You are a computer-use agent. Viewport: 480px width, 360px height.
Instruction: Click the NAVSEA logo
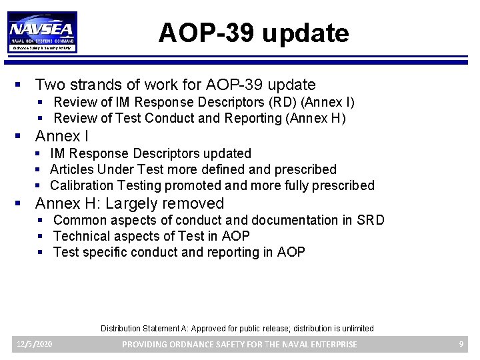(42, 32)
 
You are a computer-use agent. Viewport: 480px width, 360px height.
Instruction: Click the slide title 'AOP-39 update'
(253, 33)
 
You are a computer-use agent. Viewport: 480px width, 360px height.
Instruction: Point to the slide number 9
(461, 344)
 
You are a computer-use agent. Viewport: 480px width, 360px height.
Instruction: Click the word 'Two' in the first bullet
(50, 85)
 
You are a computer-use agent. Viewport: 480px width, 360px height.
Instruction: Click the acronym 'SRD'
(371, 220)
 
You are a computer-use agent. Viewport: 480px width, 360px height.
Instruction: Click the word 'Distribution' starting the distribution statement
(121, 329)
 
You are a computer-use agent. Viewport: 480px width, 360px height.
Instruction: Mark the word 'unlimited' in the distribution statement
(356, 329)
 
